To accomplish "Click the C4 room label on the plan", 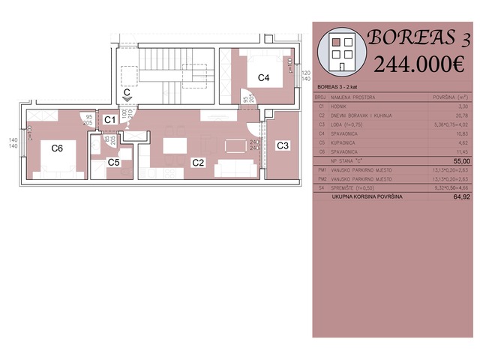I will pyautogui.click(x=263, y=77).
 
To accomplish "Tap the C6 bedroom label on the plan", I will pyautogui.click(x=57, y=148).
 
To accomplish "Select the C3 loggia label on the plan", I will pyautogui.click(x=283, y=145).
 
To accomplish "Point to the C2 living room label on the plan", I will pyautogui.click(x=198, y=161).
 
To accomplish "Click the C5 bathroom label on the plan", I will pyautogui.click(x=113, y=161).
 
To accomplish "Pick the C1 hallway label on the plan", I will pyautogui.click(x=109, y=119).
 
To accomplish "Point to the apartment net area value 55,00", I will pyautogui.click(x=461, y=161).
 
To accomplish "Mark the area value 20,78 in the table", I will pyautogui.click(x=463, y=115).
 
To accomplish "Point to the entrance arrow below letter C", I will pyautogui.click(x=127, y=97).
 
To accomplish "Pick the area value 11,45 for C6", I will pyautogui.click(x=463, y=151).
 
